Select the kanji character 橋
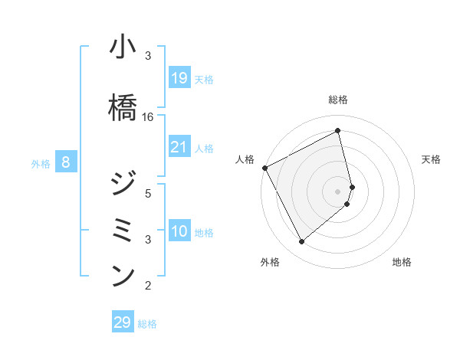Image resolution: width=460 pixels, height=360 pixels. click(x=123, y=107)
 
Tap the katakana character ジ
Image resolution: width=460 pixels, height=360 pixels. click(x=123, y=185)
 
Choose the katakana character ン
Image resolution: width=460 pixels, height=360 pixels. click(x=123, y=275)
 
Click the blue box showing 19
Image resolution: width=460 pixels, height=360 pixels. click(x=179, y=78)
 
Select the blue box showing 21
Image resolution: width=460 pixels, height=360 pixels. click(x=179, y=147)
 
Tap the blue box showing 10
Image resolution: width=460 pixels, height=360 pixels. click(x=179, y=231)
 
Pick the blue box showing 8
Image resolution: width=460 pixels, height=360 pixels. click(x=66, y=162)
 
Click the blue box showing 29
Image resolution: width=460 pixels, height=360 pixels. click(x=123, y=322)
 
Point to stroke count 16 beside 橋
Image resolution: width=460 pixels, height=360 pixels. click(x=148, y=117)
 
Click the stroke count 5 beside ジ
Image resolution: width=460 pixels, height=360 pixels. click(x=148, y=193)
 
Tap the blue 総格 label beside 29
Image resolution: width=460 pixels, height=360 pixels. click(x=147, y=324)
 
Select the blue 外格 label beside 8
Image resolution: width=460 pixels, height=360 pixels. click(x=41, y=163)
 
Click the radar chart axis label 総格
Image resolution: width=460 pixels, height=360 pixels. click(x=338, y=100)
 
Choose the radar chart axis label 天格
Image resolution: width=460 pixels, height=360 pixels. click(x=432, y=159)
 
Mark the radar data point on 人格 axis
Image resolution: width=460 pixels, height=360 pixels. click(x=264, y=168)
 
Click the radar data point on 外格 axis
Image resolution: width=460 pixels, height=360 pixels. click(x=301, y=242)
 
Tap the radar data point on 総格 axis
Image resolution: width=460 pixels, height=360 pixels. click(x=338, y=132)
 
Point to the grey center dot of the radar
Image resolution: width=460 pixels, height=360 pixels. click(x=338, y=191)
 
